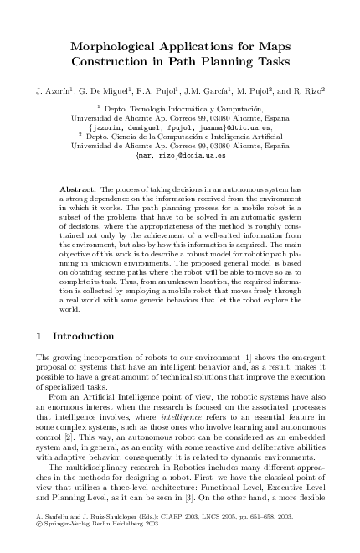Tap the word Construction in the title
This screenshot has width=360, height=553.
(115, 62)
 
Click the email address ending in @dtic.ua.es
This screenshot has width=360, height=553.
(179, 127)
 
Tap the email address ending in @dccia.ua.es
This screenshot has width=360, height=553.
(179, 155)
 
